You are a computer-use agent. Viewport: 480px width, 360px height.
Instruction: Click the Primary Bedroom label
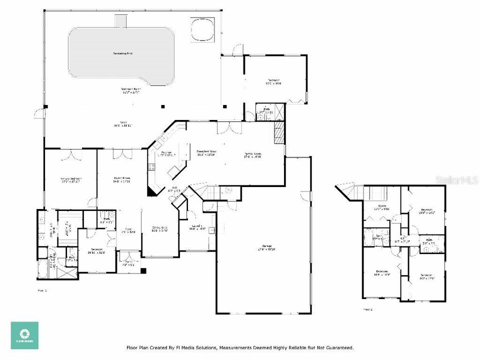coord(71,178)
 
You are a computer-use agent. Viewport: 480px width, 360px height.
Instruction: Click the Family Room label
coord(252,154)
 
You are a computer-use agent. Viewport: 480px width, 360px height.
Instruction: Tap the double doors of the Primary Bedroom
coord(74,153)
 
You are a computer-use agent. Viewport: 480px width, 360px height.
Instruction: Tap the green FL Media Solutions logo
coord(24,335)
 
